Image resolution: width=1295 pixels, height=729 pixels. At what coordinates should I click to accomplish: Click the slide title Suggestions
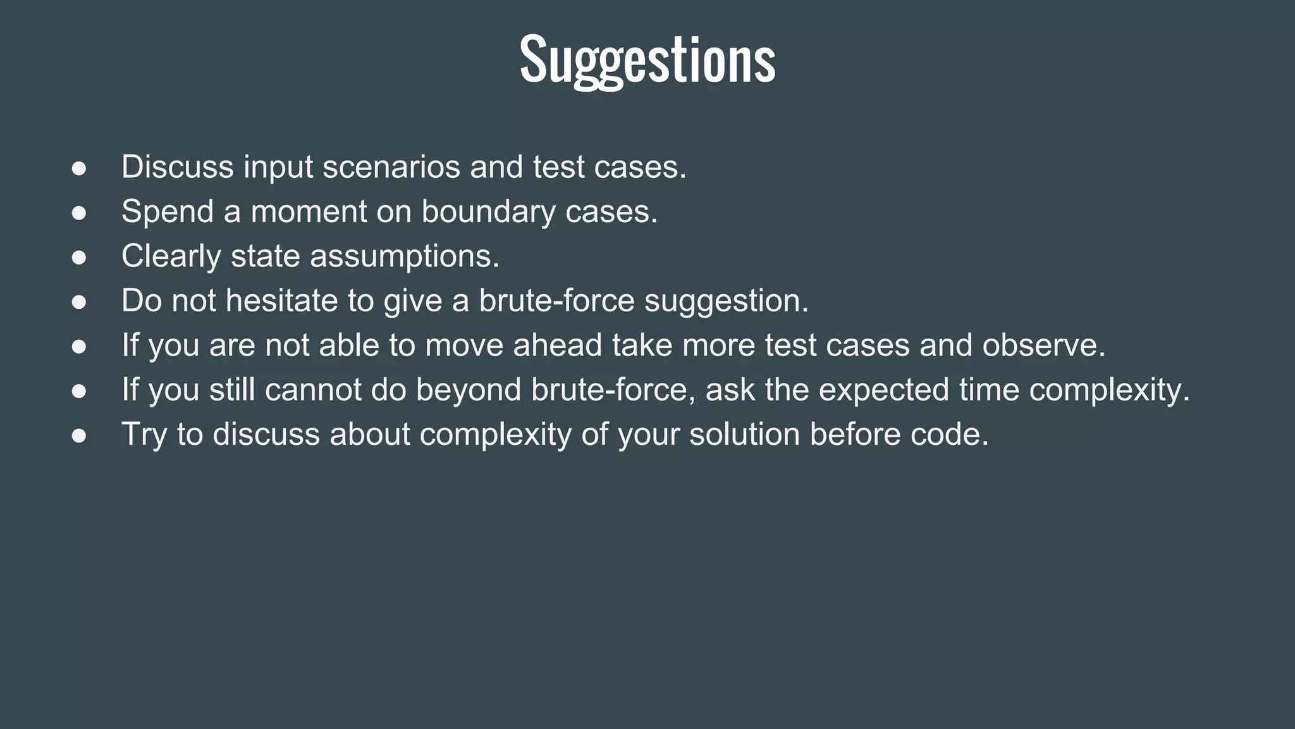[x=647, y=61]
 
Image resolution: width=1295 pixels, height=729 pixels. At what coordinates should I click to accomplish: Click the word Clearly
[x=171, y=257]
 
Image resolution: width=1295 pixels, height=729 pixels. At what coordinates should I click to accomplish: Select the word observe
[x=1043, y=346]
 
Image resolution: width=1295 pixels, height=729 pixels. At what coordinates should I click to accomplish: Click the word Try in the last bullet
[x=144, y=435]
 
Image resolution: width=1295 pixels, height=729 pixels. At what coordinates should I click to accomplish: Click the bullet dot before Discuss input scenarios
[x=79, y=168]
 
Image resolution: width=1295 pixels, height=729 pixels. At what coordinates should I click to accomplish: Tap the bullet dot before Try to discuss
[x=79, y=435]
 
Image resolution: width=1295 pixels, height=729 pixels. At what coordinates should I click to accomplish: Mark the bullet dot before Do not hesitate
[x=79, y=302]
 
